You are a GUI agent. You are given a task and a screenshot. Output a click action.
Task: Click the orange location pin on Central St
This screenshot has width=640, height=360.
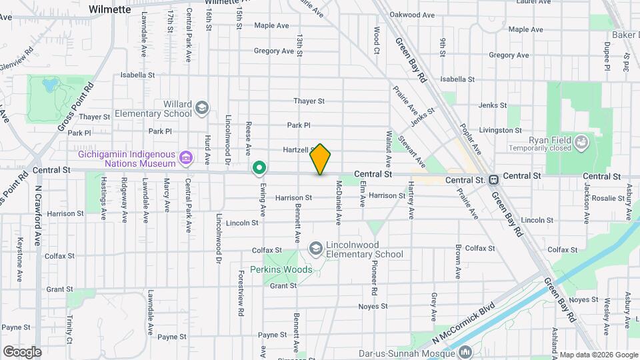[321, 159]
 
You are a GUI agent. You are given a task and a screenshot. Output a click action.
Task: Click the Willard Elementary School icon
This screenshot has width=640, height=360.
[201, 107]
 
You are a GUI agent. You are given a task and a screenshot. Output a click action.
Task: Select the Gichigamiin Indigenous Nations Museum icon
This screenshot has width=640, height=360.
[187, 158]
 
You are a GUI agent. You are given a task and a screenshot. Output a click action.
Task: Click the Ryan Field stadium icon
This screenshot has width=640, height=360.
[581, 141]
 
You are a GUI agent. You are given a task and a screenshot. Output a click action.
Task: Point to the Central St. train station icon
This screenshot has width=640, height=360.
[493, 180]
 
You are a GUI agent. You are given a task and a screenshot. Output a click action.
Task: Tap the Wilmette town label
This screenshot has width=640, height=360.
[110, 10]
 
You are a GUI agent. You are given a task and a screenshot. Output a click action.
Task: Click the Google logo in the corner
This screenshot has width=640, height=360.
[22, 351]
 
